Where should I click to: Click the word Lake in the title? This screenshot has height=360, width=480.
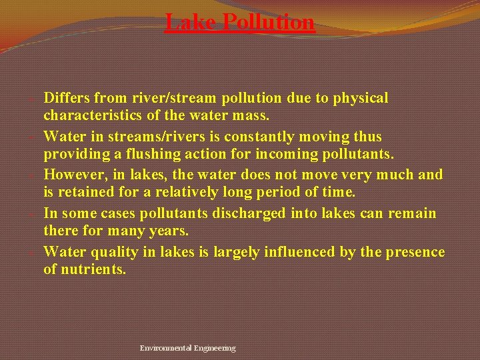(x=191, y=22)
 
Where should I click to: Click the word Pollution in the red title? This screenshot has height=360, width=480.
(x=268, y=22)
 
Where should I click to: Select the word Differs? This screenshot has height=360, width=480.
(x=69, y=98)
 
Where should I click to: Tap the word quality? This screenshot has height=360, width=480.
(x=115, y=252)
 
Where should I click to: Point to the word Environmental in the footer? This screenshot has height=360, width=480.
(x=165, y=348)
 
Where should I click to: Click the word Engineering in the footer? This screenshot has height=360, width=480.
(x=215, y=348)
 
